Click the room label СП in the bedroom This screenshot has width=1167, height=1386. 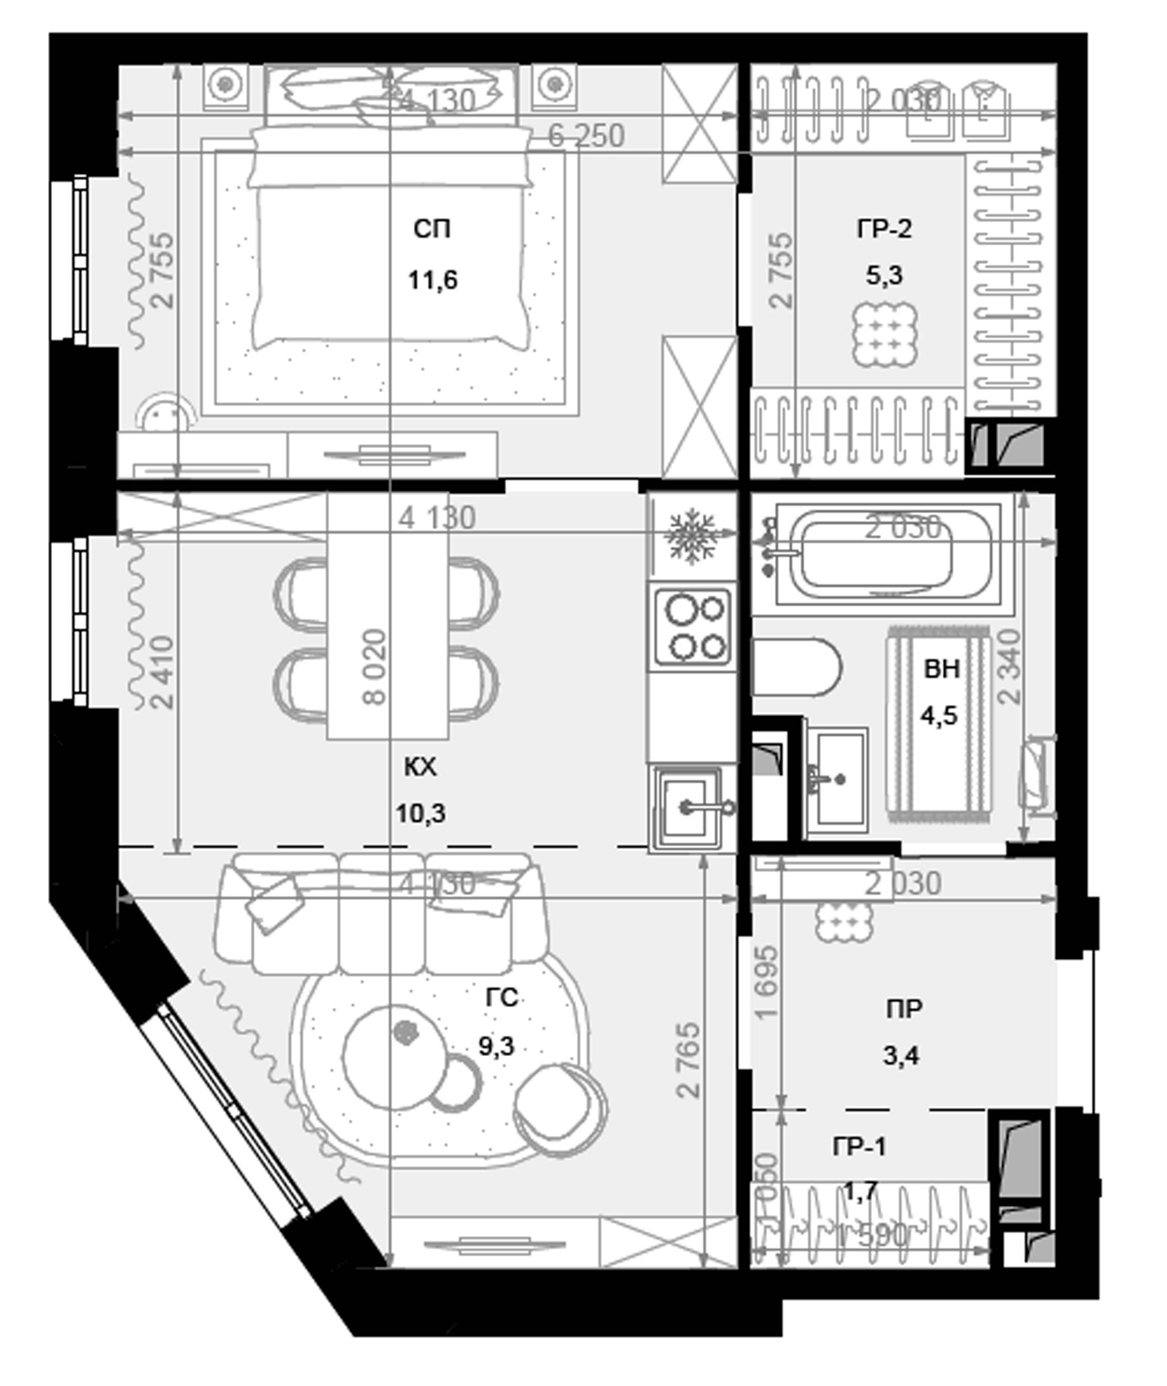tap(432, 230)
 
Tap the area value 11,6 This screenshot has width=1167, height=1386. tap(432, 280)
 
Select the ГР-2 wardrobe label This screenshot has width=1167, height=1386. tap(884, 230)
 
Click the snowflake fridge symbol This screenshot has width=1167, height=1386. tap(692, 537)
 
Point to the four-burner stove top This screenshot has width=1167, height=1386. tap(692, 627)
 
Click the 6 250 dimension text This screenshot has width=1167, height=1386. tap(586, 136)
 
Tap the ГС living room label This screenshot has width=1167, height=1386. tap(501, 998)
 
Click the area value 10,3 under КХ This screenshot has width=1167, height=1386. tap(420, 814)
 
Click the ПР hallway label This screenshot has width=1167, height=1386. tap(904, 1009)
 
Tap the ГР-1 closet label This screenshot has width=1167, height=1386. tap(858, 1146)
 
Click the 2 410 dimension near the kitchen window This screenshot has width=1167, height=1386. tap(162, 672)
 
